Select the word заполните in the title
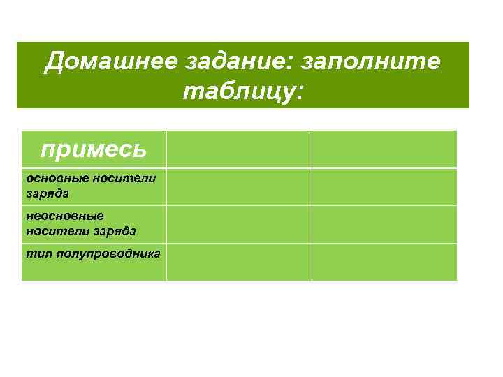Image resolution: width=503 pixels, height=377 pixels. pyautogui.click(x=370, y=62)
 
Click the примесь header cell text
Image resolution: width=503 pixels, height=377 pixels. pyautogui.click(x=94, y=148)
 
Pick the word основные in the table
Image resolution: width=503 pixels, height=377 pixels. pyautogui.click(x=58, y=179)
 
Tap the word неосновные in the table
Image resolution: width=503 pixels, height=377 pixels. pyautogui.click(x=64, y=216)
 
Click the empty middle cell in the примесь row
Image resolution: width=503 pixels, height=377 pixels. pyautogui.click(x=239, y=149)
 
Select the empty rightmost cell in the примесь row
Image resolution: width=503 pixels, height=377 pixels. pyautogui.click(x=384, y=149)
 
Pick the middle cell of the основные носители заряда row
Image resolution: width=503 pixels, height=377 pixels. pyautogui.click(x=239, y=186)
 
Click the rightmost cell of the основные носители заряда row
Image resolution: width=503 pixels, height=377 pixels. pyautogui.click(x=384, y=186)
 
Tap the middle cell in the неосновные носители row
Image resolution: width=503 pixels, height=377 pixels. pyautogui.click(x=239, y=224)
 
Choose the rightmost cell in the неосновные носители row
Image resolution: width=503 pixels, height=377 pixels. pyautogui.click(x=384, y=224)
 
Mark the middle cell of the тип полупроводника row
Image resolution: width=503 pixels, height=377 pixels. pyautogui.click(x=239, y=262)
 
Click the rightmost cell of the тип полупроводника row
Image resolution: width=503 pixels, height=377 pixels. pyautogui.click(x=384, y=262)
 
